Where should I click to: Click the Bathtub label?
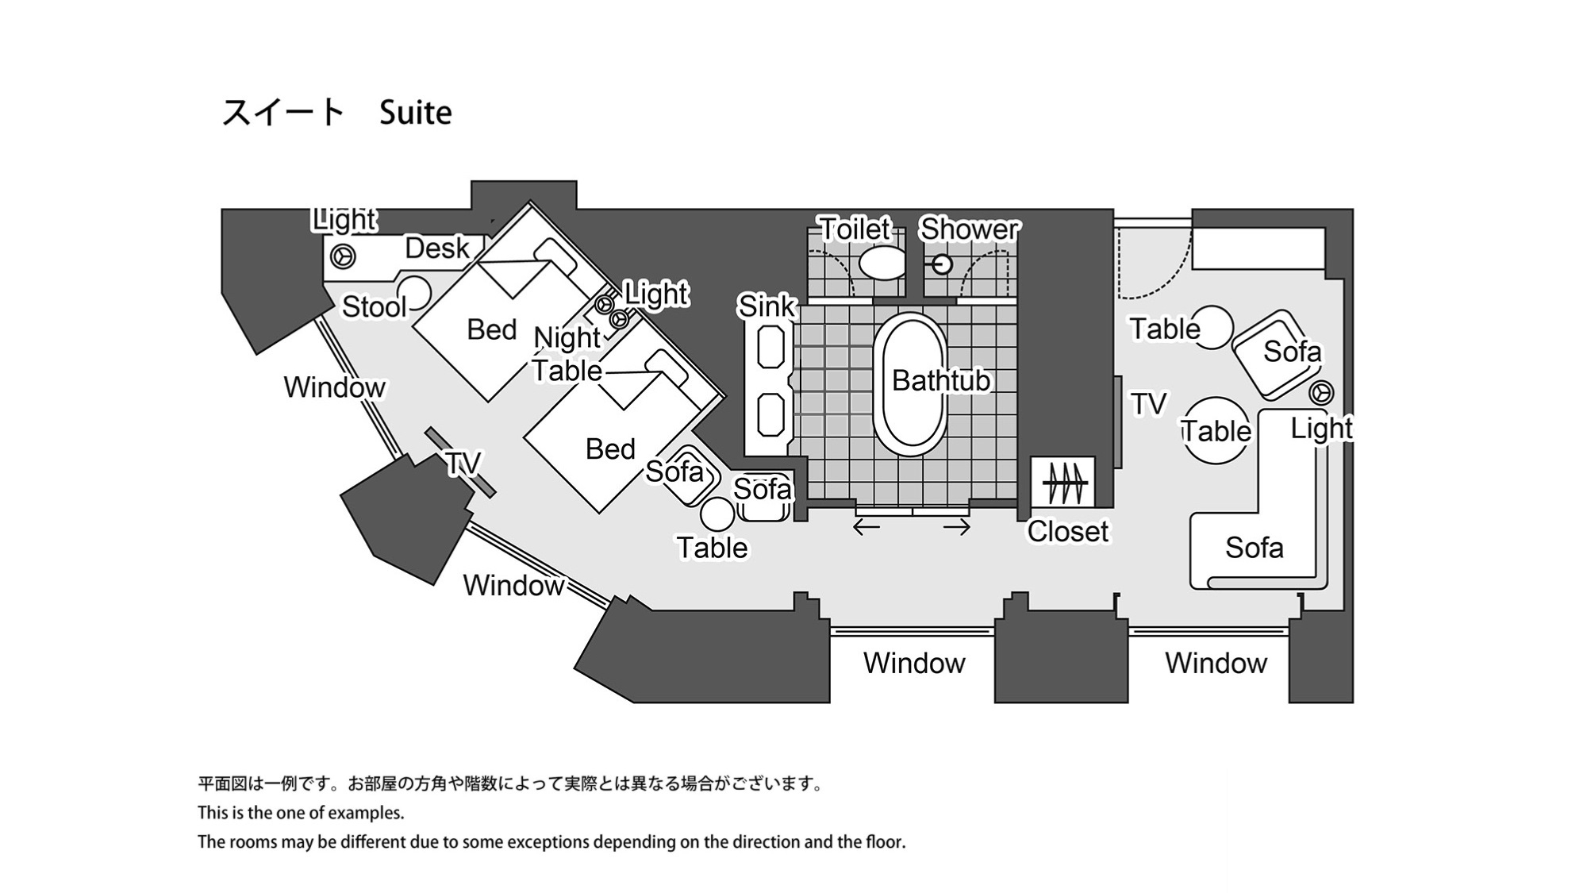(x=940, y=380)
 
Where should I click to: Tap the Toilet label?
(x=855, y=229)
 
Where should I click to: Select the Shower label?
(x=969, y=229)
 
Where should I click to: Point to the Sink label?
(x=766, y=306)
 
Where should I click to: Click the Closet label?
(x=1067, y=531)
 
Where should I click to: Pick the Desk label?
(x=436, y=248)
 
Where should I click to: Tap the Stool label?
(x=374, y=306)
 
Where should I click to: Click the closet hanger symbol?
(x=1063, y=482)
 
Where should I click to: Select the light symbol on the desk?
(x=343, y=256)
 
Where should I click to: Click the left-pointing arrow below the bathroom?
(x=867, y=526)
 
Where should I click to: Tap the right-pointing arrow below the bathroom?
(x=957, y=526)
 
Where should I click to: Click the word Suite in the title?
(x=415, y=113)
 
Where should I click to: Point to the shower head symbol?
(x=941, y=264)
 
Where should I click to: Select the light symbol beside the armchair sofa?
(x=1321, y=392)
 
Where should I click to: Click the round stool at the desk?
(x=413, y=292)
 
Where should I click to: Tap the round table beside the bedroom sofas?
(x=717, y=514)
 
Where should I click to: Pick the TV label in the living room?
(x=1148, y=404)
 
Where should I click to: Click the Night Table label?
(x=567, y=354)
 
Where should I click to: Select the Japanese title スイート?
(x=282, y=113)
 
